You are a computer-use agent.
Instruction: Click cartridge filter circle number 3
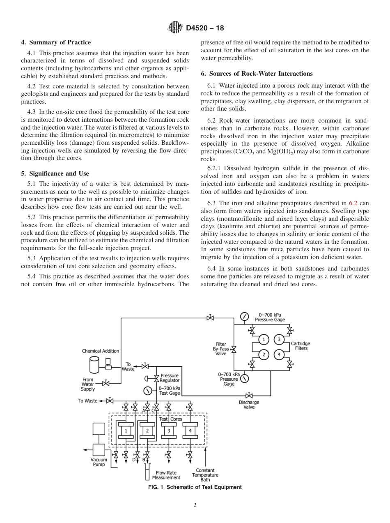[279, 339]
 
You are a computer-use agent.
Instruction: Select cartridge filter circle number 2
[264, 354]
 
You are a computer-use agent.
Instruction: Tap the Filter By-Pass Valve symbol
[234, 349]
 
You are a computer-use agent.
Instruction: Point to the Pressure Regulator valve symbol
[156, 378]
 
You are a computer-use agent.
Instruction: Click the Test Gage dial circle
[147, 391]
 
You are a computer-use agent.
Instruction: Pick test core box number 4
[190, 430]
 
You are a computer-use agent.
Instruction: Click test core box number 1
[126, 430]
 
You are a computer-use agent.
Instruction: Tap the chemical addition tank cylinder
[94, 364]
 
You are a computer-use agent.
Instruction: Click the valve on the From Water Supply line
[106, 383]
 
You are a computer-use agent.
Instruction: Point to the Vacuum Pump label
[99, 462]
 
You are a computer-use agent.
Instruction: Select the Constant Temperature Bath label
[205, 475]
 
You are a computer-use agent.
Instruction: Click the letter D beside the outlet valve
[133, 460]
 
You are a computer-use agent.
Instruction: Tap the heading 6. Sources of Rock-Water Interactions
[257, 74]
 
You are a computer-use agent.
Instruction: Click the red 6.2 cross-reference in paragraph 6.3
[353, 202]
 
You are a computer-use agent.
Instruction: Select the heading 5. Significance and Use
[55, 174]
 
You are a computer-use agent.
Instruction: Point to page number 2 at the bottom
[195, 505]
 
